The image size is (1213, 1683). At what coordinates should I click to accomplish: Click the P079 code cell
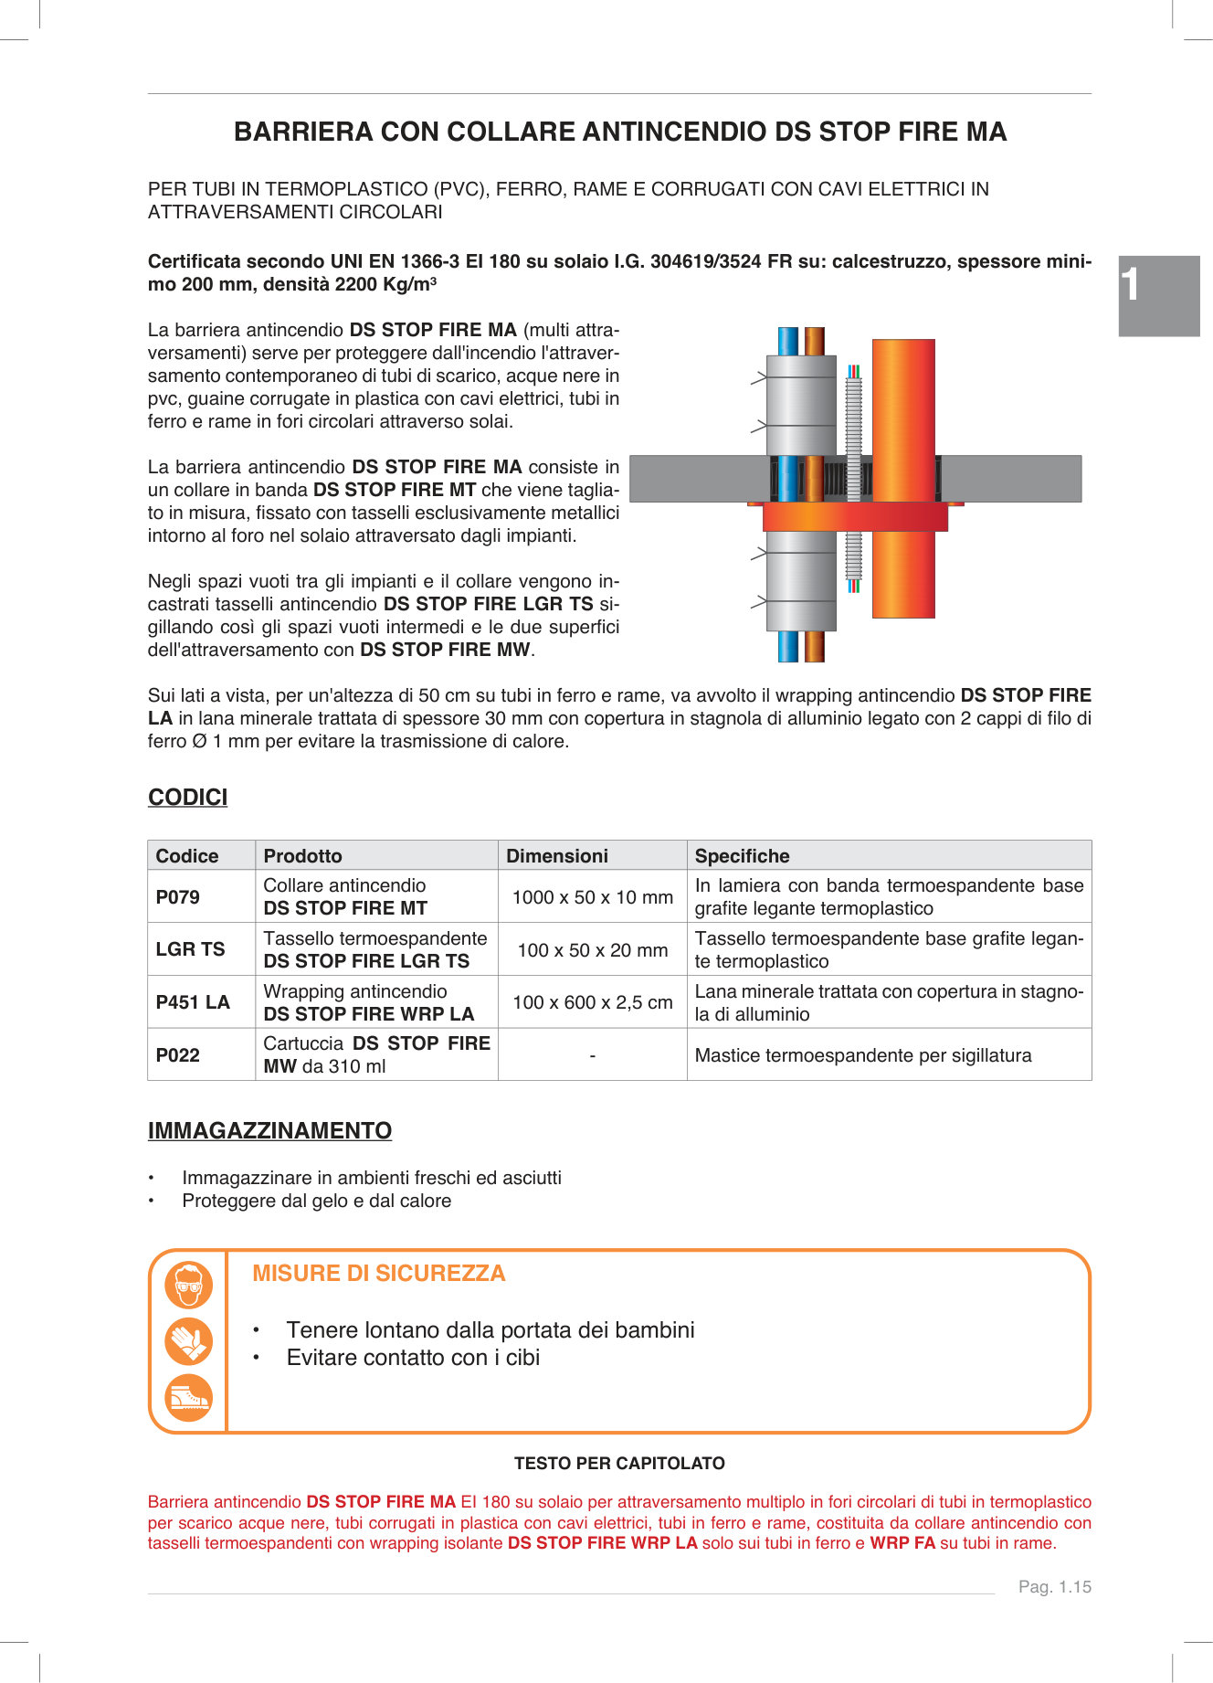(x=178, y=896)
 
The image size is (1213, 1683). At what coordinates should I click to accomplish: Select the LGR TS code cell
(x=190, y=949)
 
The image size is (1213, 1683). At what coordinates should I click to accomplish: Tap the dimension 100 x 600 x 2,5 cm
(x=592, y=1002)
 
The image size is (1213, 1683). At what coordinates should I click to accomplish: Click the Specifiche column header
(x=742, y=856)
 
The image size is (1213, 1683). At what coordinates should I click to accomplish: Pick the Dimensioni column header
(x=557, y=856)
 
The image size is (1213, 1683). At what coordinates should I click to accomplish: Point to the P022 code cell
(x=178, y=1055)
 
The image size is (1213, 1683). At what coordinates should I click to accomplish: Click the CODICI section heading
(x=188, y=798)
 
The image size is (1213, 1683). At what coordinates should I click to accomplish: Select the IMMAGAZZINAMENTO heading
(x=269, y=1131)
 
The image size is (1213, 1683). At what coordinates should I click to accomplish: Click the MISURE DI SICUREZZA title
(x=378, y=1274)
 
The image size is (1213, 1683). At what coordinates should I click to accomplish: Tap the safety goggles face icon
(x=188, y=1286)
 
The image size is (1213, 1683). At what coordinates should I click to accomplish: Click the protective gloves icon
(x=188, y=1341)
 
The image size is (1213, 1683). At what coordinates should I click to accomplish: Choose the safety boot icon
(x=188, y=1398)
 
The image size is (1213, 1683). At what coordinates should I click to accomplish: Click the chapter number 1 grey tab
(x=1158, y=296)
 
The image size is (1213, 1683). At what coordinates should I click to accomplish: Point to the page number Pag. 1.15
(x=1055, y=1587)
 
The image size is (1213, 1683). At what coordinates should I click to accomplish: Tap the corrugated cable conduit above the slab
(x=854, y=416)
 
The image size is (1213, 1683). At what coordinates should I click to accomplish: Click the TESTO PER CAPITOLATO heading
(x=619, y=1464)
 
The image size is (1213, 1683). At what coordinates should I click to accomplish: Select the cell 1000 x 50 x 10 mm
(x=592, y=897)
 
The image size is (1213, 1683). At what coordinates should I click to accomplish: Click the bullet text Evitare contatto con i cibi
(x=413, y=1358)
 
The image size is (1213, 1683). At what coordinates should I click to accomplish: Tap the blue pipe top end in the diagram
(x=787, y=341)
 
